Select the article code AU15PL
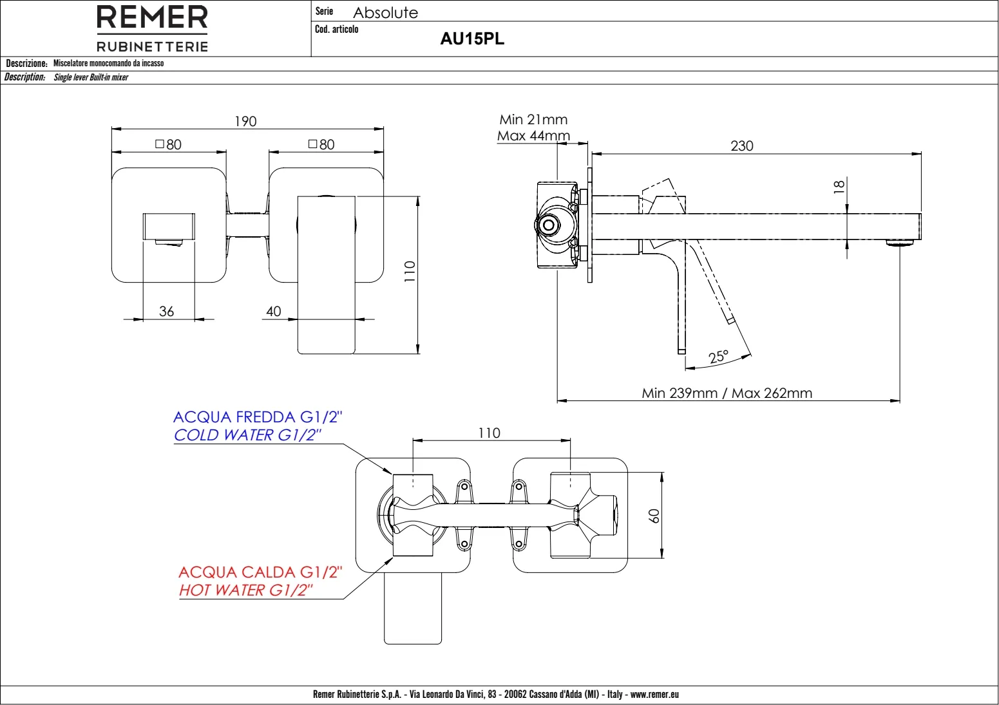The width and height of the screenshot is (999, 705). click(472, 39)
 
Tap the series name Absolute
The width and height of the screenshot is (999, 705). click(385, 12)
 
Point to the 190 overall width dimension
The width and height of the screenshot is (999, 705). click(245, 121)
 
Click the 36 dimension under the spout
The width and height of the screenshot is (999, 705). click(166, 311)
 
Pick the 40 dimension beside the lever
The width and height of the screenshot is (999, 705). click(273, 311)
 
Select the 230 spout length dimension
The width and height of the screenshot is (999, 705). click(741, 146)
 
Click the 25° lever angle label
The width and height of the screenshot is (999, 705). click(718, 357)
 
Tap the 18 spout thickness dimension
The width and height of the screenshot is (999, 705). click(839, 187)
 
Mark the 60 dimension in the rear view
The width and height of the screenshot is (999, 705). click(654, 516)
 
